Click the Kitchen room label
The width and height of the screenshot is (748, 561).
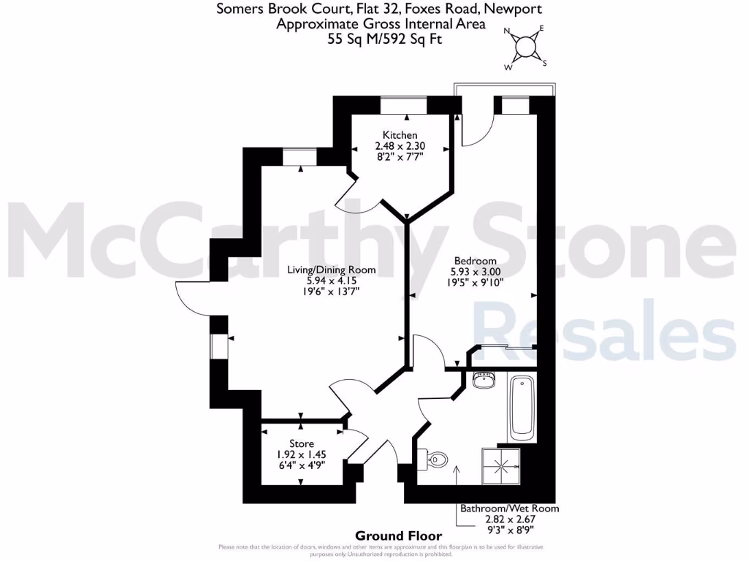coord(400,135)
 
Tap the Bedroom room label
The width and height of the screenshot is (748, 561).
coord(475,261)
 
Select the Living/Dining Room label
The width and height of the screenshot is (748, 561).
coord(331,270)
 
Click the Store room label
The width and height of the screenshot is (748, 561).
coord(302,443)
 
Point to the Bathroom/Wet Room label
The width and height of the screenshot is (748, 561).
coord(509,508)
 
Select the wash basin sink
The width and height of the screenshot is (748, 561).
coord(484,380)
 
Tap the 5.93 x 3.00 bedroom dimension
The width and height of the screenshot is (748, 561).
coord(475,271)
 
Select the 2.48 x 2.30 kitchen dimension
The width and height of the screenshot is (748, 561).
coord(400,145)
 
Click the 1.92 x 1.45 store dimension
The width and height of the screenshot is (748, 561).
coord(302,454)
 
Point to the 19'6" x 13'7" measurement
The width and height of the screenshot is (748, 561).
coord(331,291)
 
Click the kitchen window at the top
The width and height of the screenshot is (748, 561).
coord(404,105)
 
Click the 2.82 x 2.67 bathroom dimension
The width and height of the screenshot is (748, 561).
coord(508,519)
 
